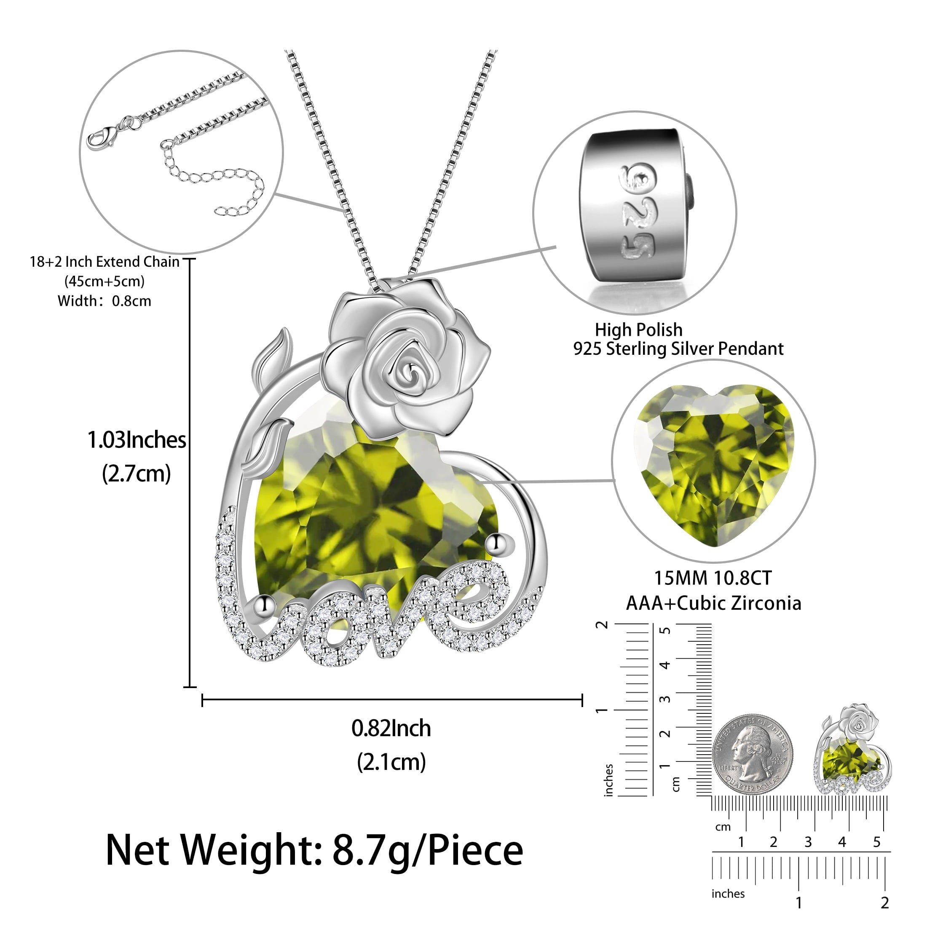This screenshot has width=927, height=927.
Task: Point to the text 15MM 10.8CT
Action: [713, 578]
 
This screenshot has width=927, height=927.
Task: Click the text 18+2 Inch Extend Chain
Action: [104, 262]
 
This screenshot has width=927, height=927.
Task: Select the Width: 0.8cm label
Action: [104, 301]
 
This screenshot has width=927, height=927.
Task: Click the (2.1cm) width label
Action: [391, 762]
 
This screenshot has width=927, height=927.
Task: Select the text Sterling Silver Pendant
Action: [695, 349]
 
